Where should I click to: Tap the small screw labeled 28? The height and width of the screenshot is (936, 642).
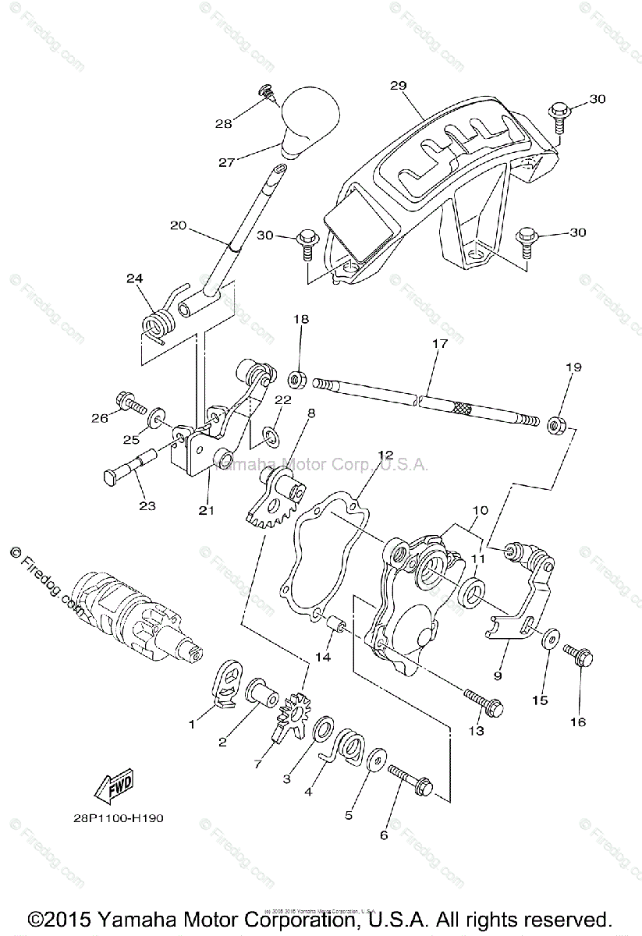(x=268, y=93)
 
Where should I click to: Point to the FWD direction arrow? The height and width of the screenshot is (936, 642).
(x=114, y=785)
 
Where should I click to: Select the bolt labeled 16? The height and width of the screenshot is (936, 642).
(x=578, y=655)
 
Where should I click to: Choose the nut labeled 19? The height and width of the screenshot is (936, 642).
(x=556, y=425)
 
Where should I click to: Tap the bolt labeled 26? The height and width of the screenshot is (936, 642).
(x=129, y=403)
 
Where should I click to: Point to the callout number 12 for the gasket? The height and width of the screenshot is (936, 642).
(x=385, y=455)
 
